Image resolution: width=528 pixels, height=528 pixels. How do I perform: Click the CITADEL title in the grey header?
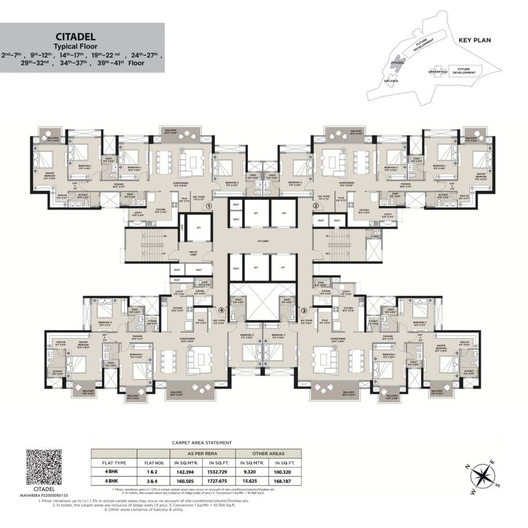tap(76, 37)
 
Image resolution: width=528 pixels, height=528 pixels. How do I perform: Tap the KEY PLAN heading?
tap(475, 40)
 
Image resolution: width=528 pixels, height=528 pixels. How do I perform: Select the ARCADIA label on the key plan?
tap(391, 81)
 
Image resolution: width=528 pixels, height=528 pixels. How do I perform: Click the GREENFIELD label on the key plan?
tap(438, 71)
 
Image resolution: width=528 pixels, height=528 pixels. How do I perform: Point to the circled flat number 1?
tap(209, 205)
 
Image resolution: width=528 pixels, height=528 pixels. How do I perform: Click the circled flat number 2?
tap(315, 205)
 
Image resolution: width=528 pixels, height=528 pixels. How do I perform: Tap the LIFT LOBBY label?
tap(263, 242)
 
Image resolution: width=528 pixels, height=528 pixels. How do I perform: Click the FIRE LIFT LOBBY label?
tap(193, 253)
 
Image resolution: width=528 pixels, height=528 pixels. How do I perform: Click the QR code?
tap(44, 467)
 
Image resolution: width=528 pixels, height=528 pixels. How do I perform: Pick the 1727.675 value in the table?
tap(219, 481)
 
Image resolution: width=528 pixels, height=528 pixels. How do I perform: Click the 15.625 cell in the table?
tap(252, 481)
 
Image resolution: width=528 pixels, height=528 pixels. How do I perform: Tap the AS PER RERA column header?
tap(202, 453)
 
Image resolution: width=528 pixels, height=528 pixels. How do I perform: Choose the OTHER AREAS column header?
tap(268, 453)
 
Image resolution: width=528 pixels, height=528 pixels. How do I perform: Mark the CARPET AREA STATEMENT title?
tap(202, 443)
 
